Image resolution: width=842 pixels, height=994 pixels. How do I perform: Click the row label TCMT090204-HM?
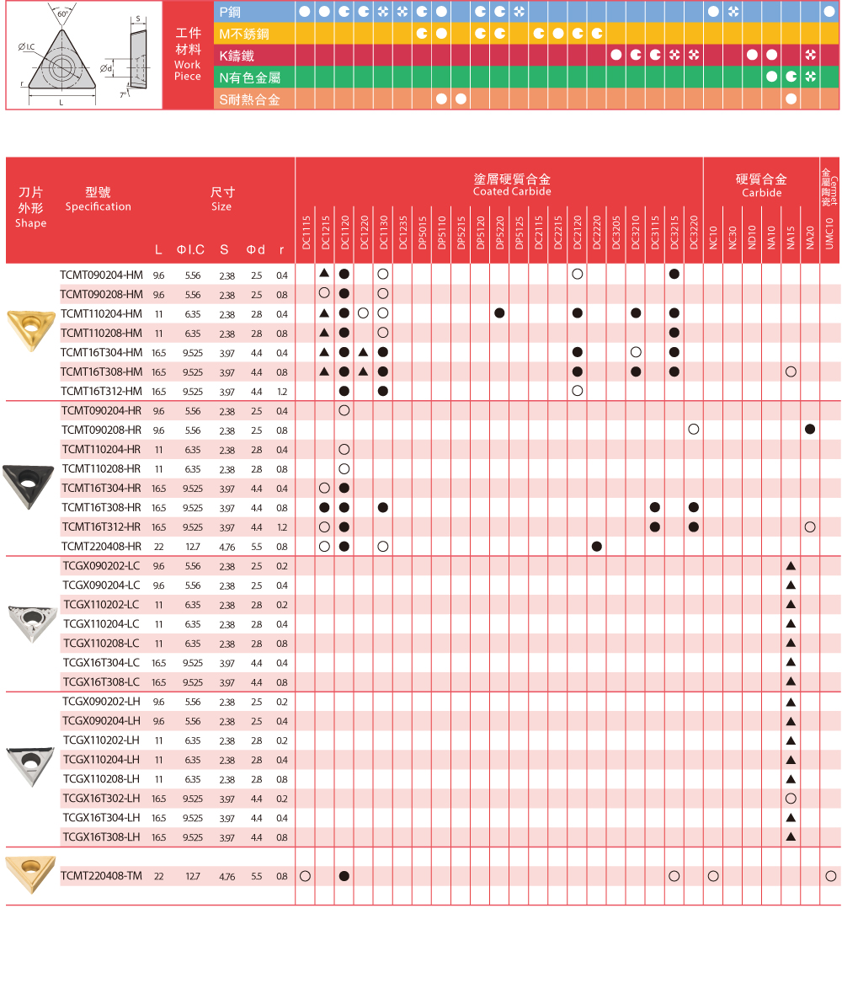[102, 275]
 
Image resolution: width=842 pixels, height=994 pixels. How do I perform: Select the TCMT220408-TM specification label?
[101, 876]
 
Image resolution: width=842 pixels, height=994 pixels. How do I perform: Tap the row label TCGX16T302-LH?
[101, 799]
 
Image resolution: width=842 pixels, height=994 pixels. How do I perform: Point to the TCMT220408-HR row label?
[102, 547]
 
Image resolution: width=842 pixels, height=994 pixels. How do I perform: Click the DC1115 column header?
[306, 232]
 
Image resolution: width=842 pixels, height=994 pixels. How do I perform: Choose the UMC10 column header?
[830, 232]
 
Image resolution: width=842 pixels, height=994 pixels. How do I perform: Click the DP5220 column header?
[499, 232]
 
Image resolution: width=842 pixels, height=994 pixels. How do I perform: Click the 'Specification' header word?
[98, 207]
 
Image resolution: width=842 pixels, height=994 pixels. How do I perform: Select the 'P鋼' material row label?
[229, 13]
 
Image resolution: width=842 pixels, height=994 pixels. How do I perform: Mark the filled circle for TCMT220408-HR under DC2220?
[597, 547]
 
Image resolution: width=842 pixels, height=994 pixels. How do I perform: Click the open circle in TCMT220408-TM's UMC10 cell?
[831, 876]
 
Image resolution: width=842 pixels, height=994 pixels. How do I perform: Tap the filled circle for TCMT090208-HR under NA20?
[810, 430]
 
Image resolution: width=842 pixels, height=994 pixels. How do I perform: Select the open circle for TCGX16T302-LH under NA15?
[791, 799]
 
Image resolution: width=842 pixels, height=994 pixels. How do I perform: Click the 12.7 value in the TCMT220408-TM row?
[193, 877]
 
